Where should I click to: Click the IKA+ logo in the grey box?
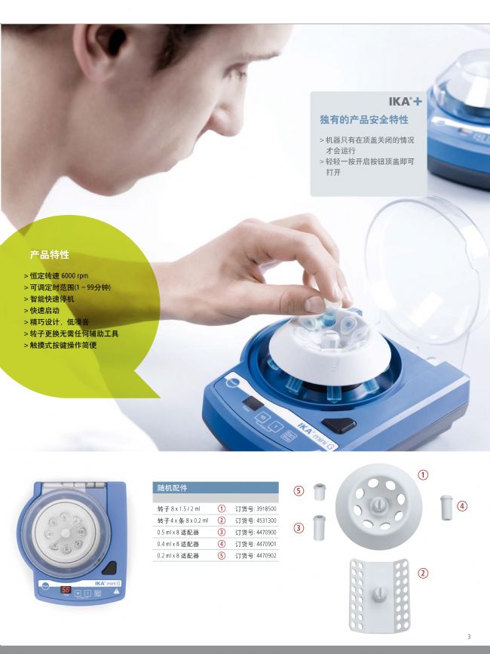pyautogui.click(x=405, y=101)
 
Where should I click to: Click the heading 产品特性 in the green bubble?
pyautogui.click(x=50, y=254)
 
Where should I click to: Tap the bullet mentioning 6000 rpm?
pyautogui.click(x=57, y=275)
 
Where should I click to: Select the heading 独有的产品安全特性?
pyautogui.click(x=364, y=120)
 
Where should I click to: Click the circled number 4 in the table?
pyautogui.click(x=222, y=544)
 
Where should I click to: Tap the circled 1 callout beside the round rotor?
pyautogui.click(x=423, y=474)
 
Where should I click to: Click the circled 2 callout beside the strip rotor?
pyautogui.click(x=423, y=573)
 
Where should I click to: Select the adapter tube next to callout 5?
pyautogui.click(x=320, y=492)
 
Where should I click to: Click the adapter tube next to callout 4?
pyautogui.click(x=446, y=507)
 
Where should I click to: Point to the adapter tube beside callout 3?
pyautogui.click(x=320, y=527)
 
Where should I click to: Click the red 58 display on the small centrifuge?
pyautogui.click(x=66, y=590)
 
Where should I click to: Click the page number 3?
pyautogui.click(x=469, y=637)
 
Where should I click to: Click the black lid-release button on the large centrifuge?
pyautogui.click(x=338, y=425)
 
